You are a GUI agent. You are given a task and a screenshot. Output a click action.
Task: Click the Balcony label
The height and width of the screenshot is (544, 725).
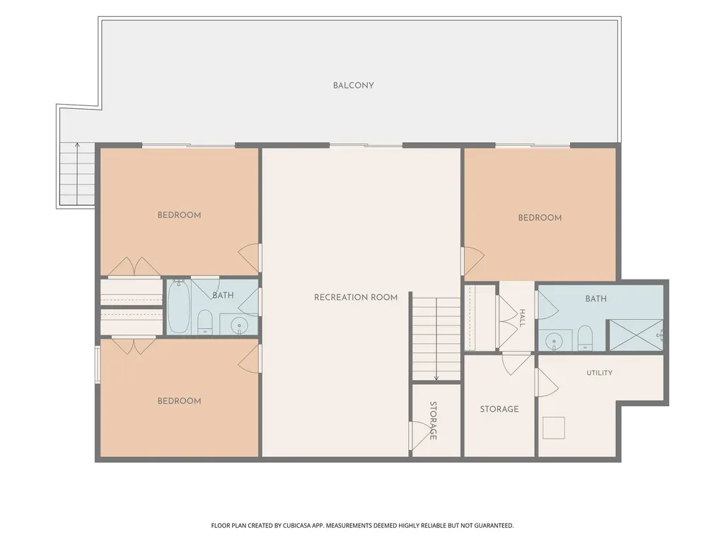pyautogui.click(x=353, y=85)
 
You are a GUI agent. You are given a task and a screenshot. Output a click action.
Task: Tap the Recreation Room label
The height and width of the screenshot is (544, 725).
pyautogui.click(x=356, y=297)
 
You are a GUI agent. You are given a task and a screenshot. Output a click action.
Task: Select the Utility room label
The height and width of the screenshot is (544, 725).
pyautogui.click(x=599, y=372)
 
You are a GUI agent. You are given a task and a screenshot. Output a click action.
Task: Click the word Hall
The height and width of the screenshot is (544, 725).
pyautogui.click(x=522, y=318)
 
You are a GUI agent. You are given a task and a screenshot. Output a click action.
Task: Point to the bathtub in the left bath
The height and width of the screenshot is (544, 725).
pyautogui.click(x=178, y=306)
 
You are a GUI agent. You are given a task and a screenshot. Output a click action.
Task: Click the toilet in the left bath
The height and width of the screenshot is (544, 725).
pyautogui.click(x=205, y=321)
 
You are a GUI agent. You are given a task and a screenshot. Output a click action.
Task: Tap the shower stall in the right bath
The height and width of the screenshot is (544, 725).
pyautogui.click(x=635, y=335)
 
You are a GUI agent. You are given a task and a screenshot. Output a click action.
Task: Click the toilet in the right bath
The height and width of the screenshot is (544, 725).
pyautogui.click(x=585, y=337)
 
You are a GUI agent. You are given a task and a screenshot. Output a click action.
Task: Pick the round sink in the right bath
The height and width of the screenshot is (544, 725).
pyautogui.click(x=553, y=342)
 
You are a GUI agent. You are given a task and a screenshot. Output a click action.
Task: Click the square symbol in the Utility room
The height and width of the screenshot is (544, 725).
pyautogui.click(x=553, y=427)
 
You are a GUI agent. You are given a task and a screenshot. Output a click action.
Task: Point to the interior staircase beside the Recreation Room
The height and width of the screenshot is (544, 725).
pyautogui.click(x=436, y=339)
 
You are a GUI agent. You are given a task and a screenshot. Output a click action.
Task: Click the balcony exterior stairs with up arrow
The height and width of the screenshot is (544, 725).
pyautogui.click(x=77, y=174)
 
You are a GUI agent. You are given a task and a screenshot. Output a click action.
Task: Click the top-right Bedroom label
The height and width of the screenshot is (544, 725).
pyautogui.click(x=540, y=217)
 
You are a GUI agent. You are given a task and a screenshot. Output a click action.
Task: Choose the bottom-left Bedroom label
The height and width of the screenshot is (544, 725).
pyautogui.click(x=180, y=401)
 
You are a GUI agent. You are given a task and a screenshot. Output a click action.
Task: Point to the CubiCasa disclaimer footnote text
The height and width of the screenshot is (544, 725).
pyautogui.click(x=362, y=526)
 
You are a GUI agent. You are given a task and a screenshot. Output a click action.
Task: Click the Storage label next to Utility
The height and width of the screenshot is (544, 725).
pyautogui.click(x=499, y=409)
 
